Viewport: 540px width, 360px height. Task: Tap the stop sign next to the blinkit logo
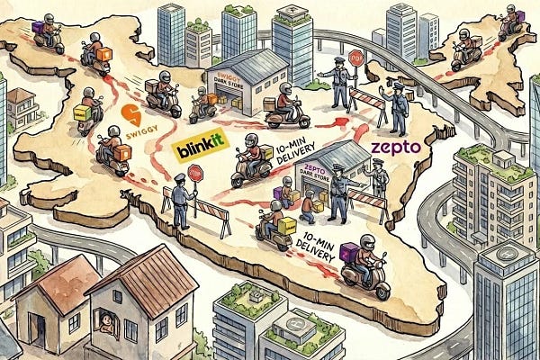(x=196, y=174)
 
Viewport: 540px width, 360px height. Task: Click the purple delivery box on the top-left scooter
(x=38, y=29)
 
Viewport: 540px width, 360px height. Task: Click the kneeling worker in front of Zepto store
(x=307, y=208)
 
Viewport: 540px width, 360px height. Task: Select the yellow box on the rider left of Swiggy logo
(x=82, y=114)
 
